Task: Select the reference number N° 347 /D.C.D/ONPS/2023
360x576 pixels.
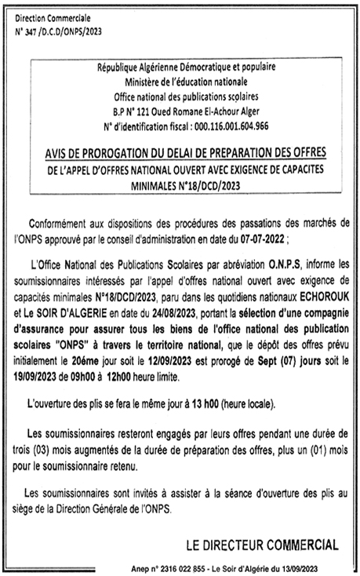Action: point(58,31)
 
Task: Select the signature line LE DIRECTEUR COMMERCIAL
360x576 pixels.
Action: point(261,545)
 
